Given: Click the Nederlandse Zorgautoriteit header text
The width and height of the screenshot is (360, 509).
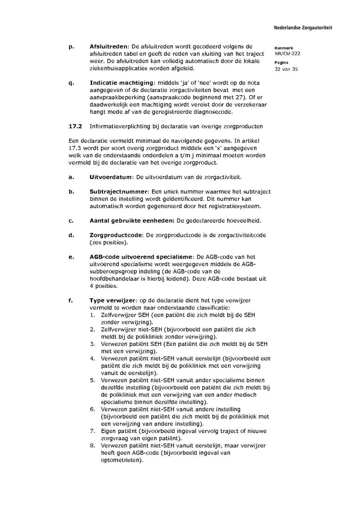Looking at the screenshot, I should tap(303, 28).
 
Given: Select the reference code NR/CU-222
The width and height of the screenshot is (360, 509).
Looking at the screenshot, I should tap(287, 54).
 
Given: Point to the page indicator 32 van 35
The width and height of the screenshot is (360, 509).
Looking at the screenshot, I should tap(286, 69).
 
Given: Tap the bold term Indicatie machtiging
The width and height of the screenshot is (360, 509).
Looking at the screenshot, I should tap(122, 83).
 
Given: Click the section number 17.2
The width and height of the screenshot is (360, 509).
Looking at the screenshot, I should tap(75, 126).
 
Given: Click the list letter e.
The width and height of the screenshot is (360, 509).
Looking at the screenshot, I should tap(71, 257).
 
